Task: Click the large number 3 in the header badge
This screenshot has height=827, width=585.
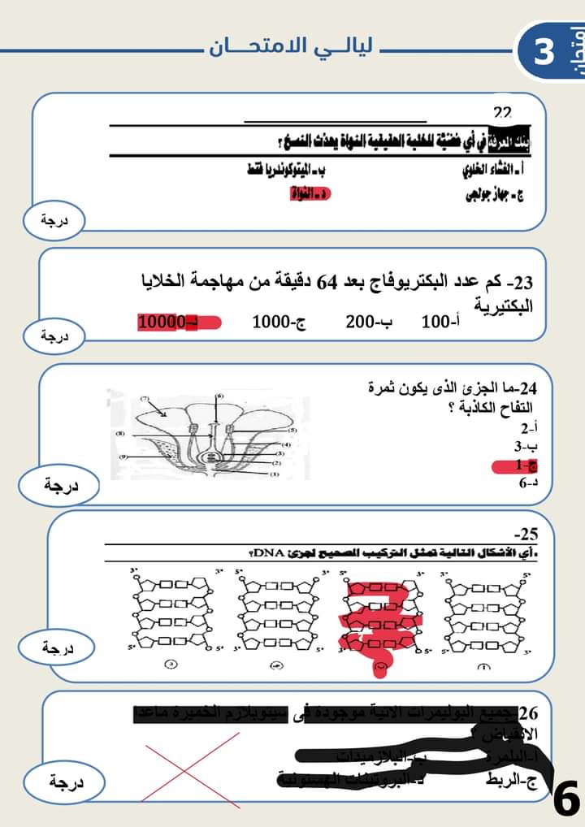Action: [x=543, y=50]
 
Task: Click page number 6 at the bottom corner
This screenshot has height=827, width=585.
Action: [x=565, y=799]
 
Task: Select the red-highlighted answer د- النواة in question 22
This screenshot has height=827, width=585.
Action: [x=310, y=195]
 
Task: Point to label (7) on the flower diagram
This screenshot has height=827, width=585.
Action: [x=145, y=399]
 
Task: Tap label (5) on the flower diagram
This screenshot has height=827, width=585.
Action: [x=292, y=429]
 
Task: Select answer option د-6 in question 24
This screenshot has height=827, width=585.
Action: [x=527, y=484]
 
